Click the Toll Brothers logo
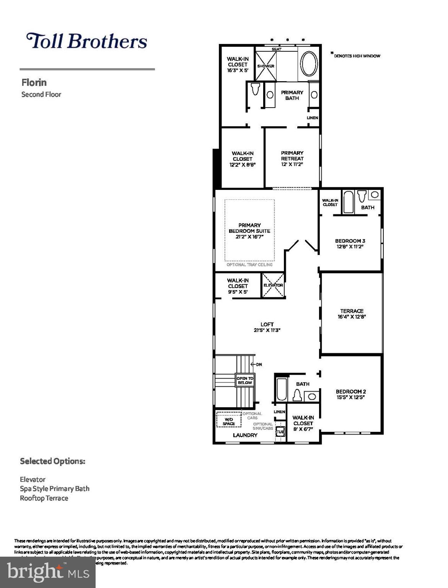[x=86, y=41]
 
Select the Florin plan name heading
[x=34, y=82]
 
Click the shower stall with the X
[x=266, y=66]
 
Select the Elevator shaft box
[x=273, y=285]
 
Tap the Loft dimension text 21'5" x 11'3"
[x=267, y=330]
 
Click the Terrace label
[x=352, y=311]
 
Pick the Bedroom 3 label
[x=350, y=241]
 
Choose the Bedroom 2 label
[x=351, y=392]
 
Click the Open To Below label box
[x=245, y=381]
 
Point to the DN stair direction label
[x=259, y=364]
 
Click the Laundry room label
[x=245, y=435]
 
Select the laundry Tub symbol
[x=280, y=432]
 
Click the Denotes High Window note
[x=357, y=56]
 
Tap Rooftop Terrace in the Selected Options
[x=44, y=498]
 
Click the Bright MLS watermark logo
[x=48, y=572]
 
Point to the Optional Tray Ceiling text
[x=249, y=265]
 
